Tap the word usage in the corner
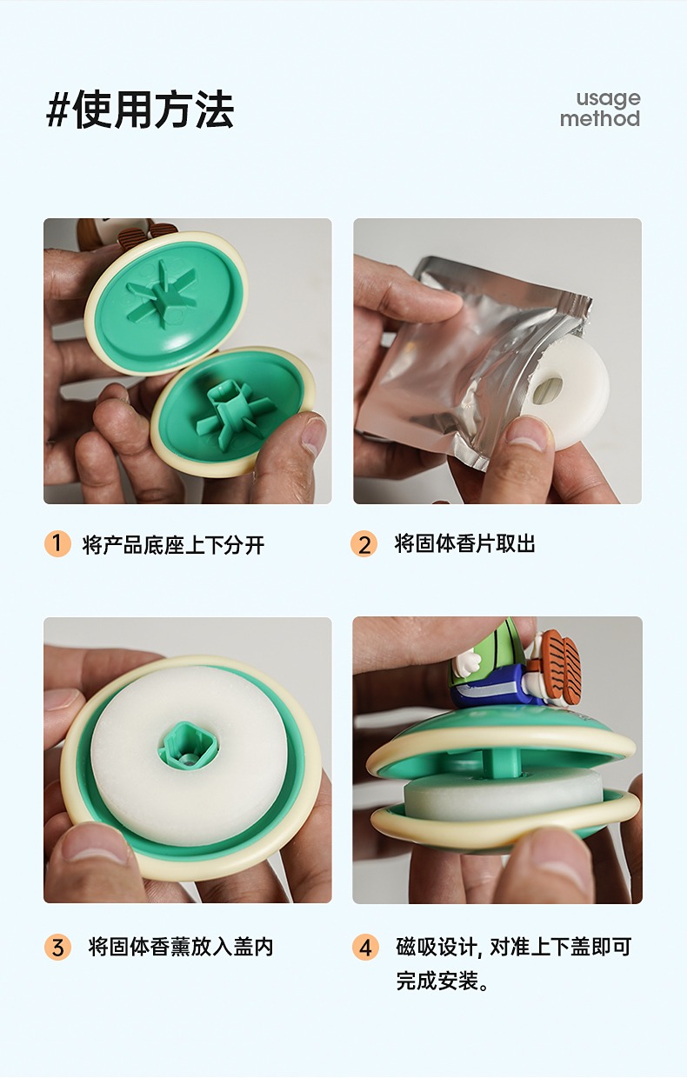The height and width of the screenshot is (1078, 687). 608,98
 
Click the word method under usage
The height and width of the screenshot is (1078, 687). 600,118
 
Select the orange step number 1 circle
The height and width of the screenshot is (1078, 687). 57,543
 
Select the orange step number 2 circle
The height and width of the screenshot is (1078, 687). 364,543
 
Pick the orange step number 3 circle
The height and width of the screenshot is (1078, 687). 57,947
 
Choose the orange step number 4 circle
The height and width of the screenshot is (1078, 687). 365,947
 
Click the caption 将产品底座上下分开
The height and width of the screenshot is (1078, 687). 173,544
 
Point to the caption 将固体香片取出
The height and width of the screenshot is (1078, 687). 464,543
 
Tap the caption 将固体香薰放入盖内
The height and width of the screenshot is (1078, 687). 181,947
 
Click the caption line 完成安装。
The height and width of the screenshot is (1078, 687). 443,981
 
